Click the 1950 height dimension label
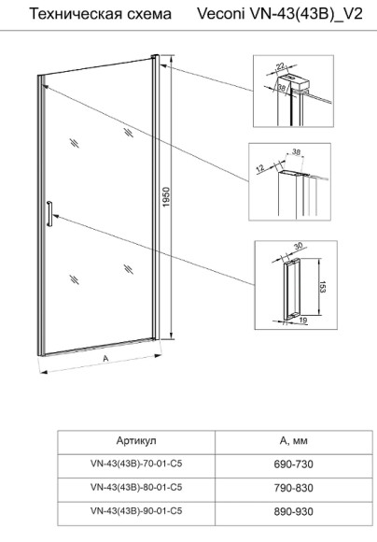166,197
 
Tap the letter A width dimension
105,359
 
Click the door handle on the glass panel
49,213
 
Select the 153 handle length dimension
322,287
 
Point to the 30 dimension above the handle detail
299,246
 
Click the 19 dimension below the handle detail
302,321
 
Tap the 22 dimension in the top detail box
281,66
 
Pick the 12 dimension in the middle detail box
260,168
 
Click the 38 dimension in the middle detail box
296,151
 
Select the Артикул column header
136,441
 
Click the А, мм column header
293,441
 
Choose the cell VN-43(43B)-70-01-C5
136,464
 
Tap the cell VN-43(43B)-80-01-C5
136,488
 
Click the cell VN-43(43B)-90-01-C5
136,511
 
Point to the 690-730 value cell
293,464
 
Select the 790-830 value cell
293,488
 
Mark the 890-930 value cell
293,511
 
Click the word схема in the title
148,15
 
